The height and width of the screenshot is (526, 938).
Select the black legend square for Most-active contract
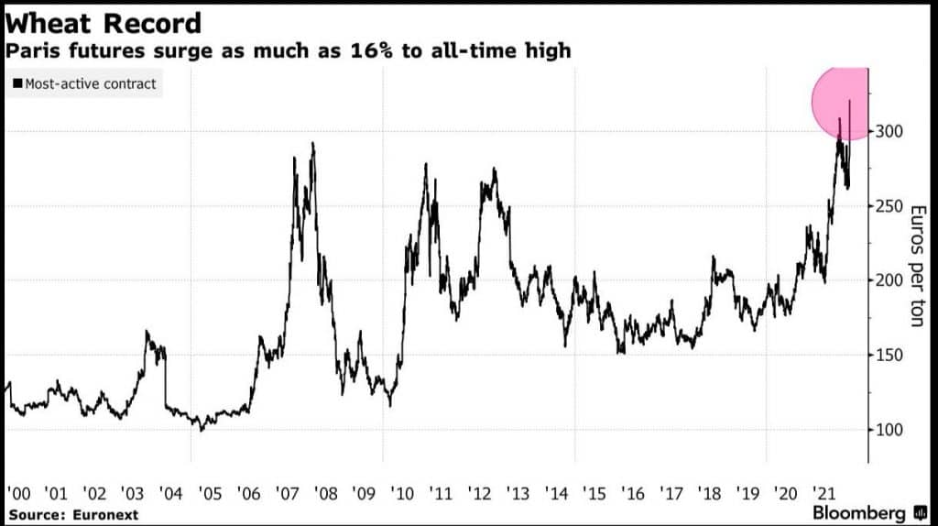click(x=17, y=83)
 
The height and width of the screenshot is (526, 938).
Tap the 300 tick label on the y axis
click(x=889, y=131)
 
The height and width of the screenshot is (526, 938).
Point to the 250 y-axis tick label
click(x=889, y=206)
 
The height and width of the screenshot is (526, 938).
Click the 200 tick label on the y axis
click(x=889, y=280)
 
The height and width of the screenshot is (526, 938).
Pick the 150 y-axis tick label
click(x=889, y=356)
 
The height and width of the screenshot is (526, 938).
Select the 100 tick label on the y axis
click(x=889, y=431)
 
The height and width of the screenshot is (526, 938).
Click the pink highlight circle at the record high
click(x=840, y=104)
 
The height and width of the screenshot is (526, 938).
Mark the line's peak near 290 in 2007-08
click(x=313, y=144)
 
